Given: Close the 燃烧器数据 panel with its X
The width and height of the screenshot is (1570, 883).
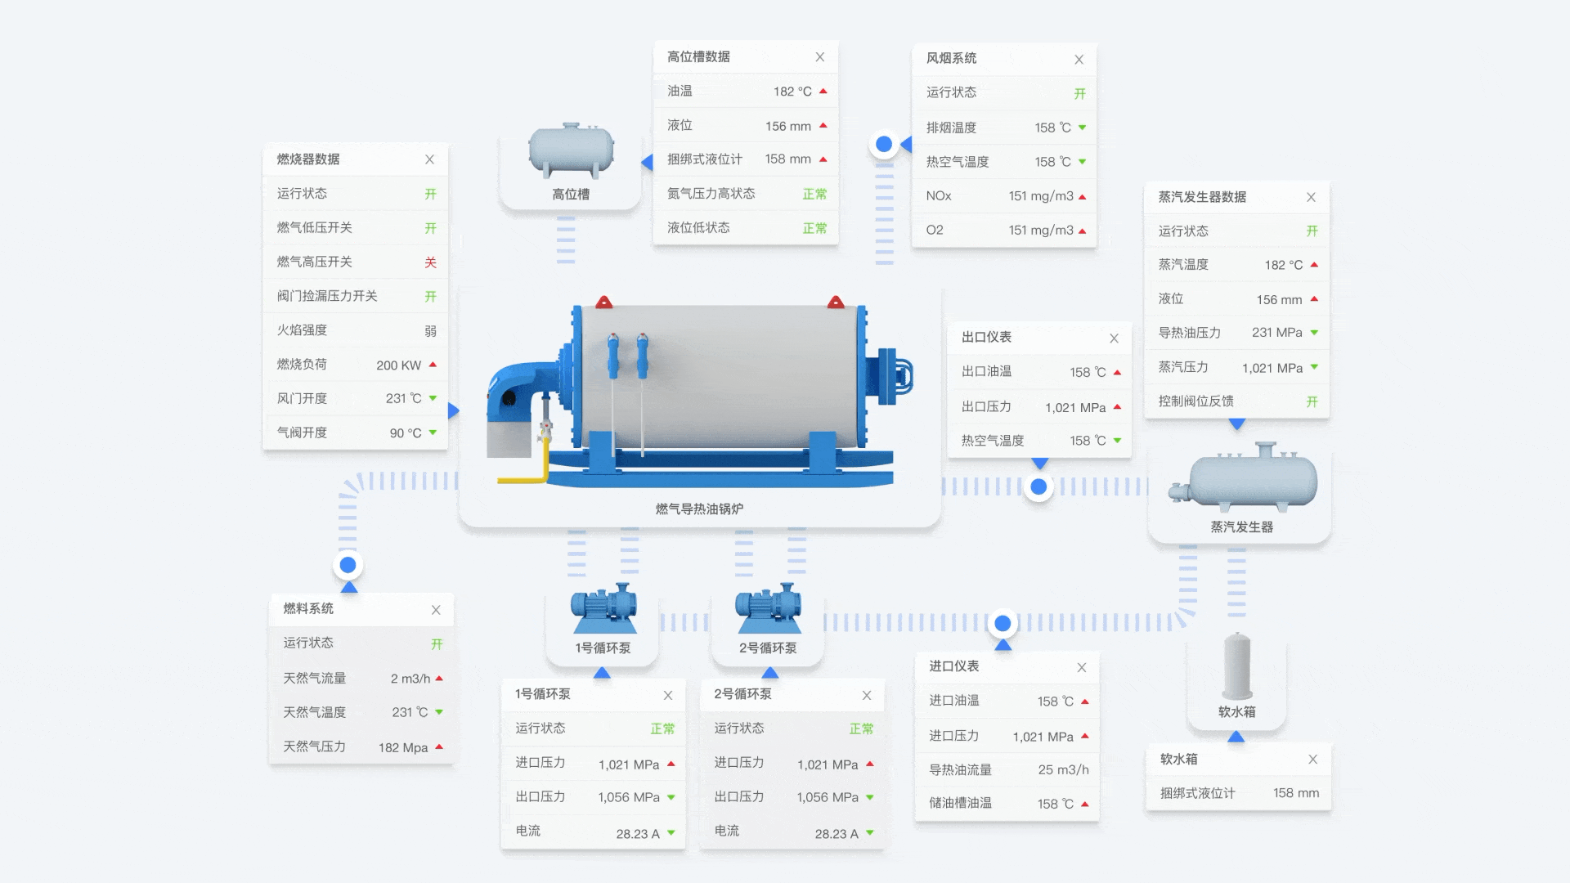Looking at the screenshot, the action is coord(429,159).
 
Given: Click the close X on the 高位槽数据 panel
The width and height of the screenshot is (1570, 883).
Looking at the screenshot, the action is coord(819,57).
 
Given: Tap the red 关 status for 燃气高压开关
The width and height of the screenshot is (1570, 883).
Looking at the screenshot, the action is coord(430,262).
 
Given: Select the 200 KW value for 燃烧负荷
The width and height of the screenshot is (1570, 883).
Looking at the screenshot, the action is coord(398,365).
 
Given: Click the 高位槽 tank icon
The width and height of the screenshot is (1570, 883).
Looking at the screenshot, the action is coord(571,150).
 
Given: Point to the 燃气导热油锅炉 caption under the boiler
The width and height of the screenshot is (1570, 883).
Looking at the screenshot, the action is coord(699,509).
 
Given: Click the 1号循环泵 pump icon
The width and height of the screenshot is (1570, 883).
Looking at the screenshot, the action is coord(603,608).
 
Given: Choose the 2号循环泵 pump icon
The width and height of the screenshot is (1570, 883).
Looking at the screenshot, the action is coord(768,608).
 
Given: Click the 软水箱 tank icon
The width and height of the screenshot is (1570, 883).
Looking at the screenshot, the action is coord(1237,666).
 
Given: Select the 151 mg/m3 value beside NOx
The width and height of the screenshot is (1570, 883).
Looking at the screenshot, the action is coord(1041,196).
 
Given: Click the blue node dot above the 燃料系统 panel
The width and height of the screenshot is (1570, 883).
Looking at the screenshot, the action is coord(348,565).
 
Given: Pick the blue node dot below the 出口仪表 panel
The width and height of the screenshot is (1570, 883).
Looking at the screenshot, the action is coord(1038,487).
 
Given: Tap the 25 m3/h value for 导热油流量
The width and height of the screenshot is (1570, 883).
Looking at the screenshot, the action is coord(1063,770).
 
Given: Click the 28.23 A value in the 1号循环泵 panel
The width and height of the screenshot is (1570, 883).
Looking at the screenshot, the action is coord(638,834).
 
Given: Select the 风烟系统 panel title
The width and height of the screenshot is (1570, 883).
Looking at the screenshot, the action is coord(951,58).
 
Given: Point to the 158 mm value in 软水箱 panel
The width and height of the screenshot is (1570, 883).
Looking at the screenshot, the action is coord(1296,793).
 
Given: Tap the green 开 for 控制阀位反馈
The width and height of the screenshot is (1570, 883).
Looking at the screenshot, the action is coord(1312,401).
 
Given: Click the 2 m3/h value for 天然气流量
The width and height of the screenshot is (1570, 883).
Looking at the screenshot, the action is coord(410,679).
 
